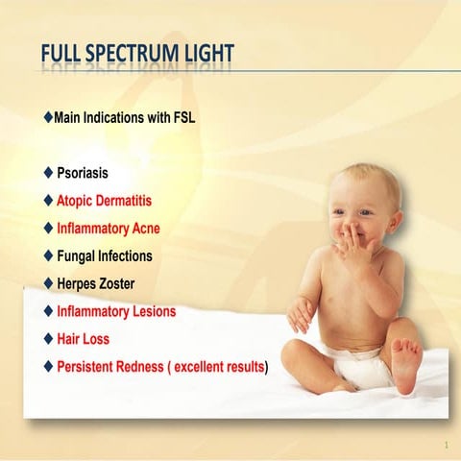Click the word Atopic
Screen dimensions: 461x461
(76, 202)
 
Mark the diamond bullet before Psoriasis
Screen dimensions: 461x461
(48, 174)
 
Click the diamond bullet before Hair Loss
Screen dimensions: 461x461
(48, 339)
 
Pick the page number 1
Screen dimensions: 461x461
(447, 445)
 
